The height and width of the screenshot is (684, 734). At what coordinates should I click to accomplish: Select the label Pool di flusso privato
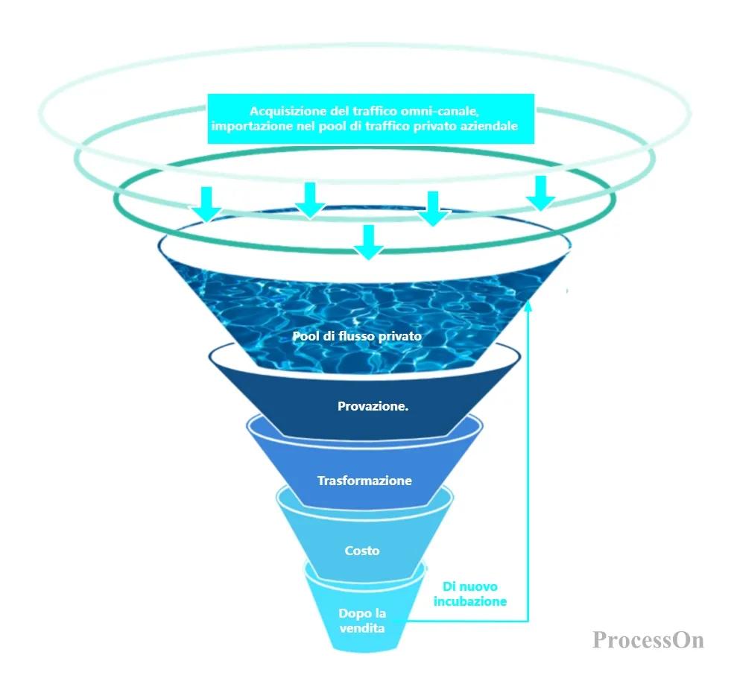pyautogui.click(x=357, y=336)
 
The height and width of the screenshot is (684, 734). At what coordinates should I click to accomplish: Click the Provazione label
pyautogui.click(x=373, y=406)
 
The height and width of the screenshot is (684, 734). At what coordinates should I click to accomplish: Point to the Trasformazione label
pyautogui.click(x=364, y=481)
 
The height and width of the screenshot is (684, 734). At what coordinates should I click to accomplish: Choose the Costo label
pyautogui.click(x=362, y=551)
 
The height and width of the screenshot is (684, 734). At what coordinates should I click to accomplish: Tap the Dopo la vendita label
pyautogui.click(x=362, y=621)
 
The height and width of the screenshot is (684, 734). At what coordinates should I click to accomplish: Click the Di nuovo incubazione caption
pyautogui.click(x=470, y=594)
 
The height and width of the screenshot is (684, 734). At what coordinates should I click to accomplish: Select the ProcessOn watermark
pyautogui.click(x=648, y=639)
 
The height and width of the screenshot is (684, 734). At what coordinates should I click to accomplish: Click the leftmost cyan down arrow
pyautogui.click(x=206, y=204)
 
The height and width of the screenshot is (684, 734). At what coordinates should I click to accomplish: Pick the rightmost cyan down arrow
pyautogui.click(x=541, y=194)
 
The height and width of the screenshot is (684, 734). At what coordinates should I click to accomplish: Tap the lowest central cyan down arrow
pyautogui.click(x=369, y=242)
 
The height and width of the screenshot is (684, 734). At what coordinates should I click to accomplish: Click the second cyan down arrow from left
pyautogui.click(x=310, y=200)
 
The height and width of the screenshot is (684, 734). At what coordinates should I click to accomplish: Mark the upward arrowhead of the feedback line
pyautogui.click(x=528, y=305)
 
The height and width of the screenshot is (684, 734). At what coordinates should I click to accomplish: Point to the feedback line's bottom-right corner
pyautogui.click(x=528, y=621)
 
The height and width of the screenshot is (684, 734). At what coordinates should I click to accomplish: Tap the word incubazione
pyautogui.click(x=470, y=601)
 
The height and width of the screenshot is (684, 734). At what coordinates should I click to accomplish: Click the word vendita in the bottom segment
pyautogui.click(x=362, y=628)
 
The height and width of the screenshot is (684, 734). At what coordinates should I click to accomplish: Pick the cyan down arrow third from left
pyautogui.click(x=433, y=209)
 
